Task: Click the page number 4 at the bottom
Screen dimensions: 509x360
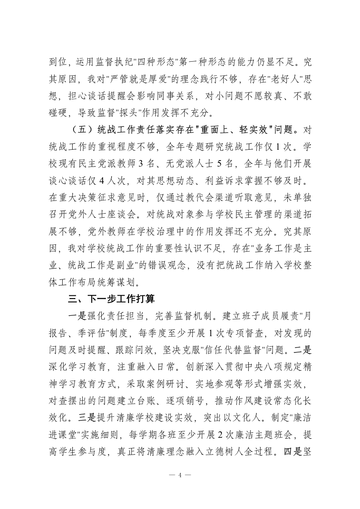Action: (x=180, y=475)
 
